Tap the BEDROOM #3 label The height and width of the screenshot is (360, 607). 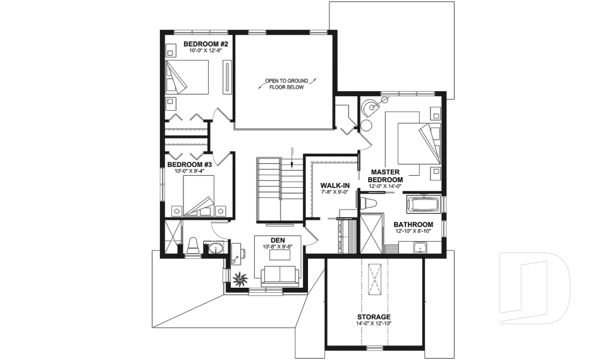[x=188, y=164]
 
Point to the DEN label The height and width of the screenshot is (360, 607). [x=278, y=240]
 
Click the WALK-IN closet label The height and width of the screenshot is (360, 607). [x=334, y=185]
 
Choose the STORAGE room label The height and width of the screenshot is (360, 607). [x=374, y=316]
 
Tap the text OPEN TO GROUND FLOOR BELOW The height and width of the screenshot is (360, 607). [x=285, y=84]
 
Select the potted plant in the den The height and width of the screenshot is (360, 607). [x=240, y=278]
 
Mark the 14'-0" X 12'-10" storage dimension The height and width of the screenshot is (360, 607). [x=374, y=324]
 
